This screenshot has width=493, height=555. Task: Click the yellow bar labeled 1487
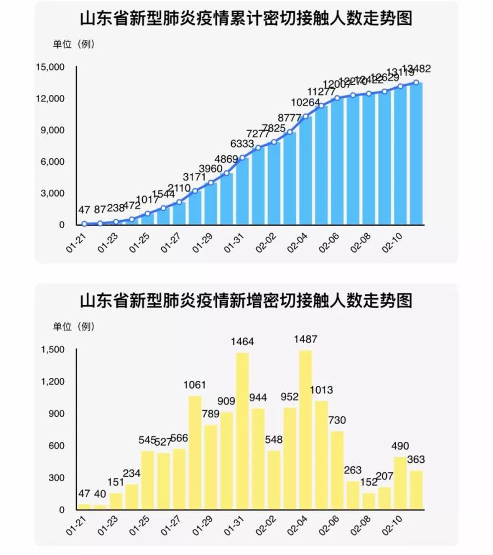[306, 430]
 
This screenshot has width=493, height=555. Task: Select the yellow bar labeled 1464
[242, 431]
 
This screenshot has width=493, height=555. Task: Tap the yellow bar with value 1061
[195, 452]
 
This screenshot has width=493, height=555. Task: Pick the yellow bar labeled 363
[416, 490]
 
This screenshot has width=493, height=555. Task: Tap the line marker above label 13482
[416, 83]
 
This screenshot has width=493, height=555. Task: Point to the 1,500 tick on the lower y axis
[53, 350]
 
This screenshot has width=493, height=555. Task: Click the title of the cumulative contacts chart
[246, 19]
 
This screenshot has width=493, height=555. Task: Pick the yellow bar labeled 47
[84, 507]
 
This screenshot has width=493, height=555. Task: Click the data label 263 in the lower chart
[353, 471]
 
